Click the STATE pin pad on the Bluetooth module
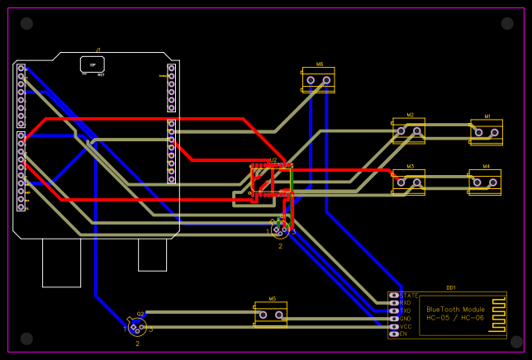point(394,295)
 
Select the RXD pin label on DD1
point(406,303)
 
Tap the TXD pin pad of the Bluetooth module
point(394,310)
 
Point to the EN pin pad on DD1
point(394,334)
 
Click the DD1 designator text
point(451,287)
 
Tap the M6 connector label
point(319,64)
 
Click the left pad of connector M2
point(401,130)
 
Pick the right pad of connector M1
point(496,130)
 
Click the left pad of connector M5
point(263,315)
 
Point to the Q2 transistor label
point(140,314)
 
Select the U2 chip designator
point(273,160)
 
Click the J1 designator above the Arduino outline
point(98,50)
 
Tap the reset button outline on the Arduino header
point(93,64)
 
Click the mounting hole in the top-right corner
point(507,24)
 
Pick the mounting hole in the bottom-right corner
point(515,339)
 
